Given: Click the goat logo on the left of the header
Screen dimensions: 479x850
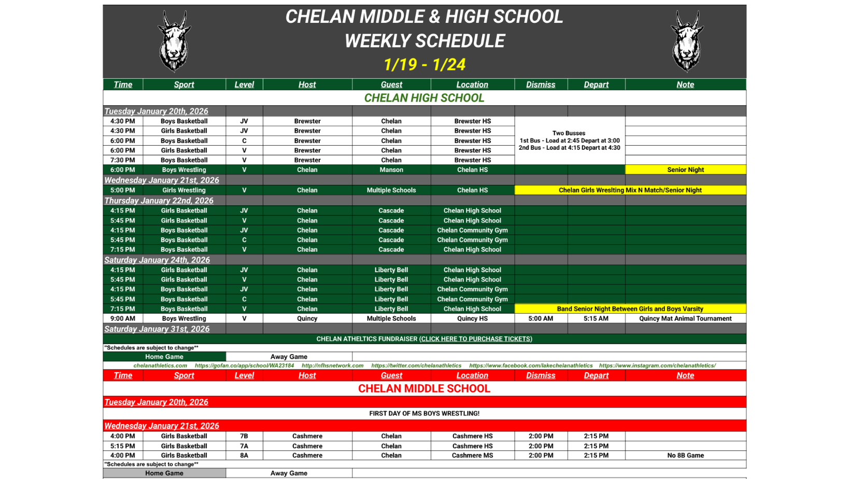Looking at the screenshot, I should [174, 41].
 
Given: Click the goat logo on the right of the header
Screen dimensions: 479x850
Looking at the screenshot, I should [687, 41].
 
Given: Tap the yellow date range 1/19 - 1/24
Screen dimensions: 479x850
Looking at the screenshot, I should [424, 65].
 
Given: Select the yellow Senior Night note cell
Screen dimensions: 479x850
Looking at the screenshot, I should [685, 170].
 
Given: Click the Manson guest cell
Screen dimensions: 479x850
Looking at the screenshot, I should [391, 170].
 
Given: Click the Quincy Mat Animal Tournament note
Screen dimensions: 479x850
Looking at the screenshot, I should [685, 318].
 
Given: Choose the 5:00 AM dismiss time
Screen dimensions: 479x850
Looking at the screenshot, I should [541, 318].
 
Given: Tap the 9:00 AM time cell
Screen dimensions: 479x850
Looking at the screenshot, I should [123, 318].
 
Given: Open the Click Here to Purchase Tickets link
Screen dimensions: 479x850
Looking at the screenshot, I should [476, 339].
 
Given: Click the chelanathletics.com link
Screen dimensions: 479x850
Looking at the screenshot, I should [160, 365].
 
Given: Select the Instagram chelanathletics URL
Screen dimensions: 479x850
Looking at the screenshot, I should [657, 365].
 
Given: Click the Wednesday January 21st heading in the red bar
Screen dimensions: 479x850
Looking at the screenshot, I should [162, 426].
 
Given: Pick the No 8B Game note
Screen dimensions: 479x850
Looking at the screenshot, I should [685, 455].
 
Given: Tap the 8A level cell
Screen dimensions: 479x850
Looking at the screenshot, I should [244, 455].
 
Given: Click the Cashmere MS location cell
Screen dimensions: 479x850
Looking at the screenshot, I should [472, 455].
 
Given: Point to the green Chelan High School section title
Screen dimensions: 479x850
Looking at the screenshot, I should [424, 98].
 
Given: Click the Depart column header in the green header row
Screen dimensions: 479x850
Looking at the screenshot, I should [596, 84].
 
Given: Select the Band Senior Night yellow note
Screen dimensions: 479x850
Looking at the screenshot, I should [630, 308].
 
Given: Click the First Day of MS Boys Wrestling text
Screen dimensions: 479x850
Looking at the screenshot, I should [424, 413].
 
